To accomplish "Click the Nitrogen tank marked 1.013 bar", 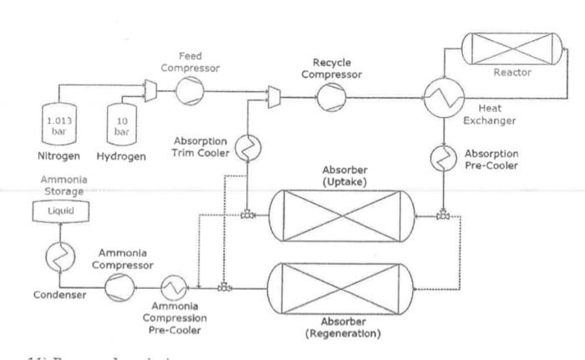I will coord(59,123).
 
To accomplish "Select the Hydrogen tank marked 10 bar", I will coord(121,124).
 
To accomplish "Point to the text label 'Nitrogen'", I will coord(58,155).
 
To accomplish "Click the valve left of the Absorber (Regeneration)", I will coord(224,288).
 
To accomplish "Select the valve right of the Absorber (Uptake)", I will coord(442,216).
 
